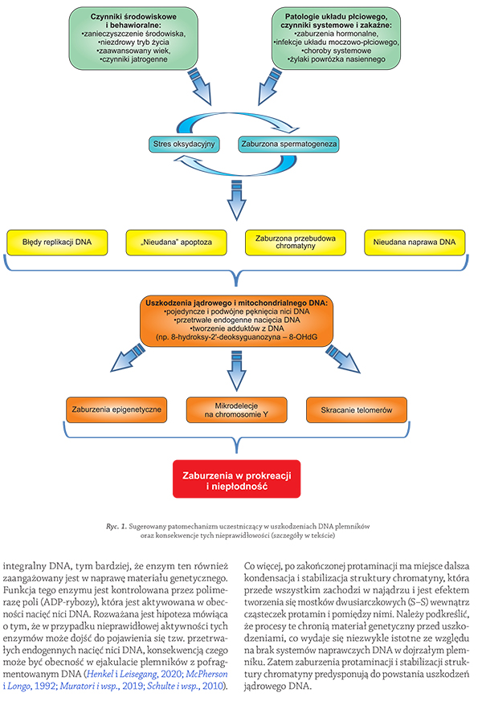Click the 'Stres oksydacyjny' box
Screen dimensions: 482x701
(184, 144)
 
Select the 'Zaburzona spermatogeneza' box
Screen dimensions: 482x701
(289, 144)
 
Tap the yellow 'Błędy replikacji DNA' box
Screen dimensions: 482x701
(57, 242)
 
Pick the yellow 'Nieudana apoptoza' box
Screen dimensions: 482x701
(177, 242)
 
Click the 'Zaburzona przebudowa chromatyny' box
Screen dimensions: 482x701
(296, 242)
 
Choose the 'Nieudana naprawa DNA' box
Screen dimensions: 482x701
(415, 242)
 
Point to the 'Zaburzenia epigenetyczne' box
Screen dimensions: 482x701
(116, 410)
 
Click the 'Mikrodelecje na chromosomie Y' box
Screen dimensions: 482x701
(236, 410)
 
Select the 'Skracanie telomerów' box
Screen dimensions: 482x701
(357, 410)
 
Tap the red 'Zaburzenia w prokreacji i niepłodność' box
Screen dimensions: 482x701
(236, 479)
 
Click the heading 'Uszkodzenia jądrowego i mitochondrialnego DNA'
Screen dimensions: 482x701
(236, 303)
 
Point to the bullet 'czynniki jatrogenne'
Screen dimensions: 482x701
(133, 59)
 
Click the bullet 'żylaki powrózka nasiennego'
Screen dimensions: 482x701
(337, 59)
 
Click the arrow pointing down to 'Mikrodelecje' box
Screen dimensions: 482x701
(236, 371)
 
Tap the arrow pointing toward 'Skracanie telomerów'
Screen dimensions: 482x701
(343, 359)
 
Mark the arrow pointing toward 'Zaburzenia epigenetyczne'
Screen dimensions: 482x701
(127, 357)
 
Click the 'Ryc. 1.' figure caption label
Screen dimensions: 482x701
(116, 526)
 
